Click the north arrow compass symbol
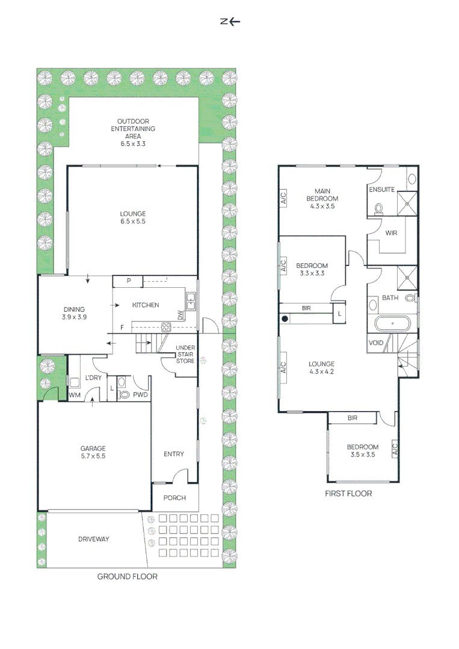(230, 22)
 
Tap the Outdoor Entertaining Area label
(132, 132)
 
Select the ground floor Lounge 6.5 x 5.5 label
(132, 218)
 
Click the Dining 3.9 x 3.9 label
(74, 313)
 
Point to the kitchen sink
(191, 300)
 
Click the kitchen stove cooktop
(165, 327)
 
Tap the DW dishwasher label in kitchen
(180, 315)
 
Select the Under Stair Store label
(185, 355)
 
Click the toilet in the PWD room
(125, 395)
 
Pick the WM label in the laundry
(75, 395)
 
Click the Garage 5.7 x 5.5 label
(93, 452)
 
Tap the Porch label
(174, 498)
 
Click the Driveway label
(93, 539)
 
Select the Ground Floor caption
(127, 576)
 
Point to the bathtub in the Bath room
(392, 324)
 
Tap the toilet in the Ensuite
(378, 208)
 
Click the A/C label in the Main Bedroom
(283, 198)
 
